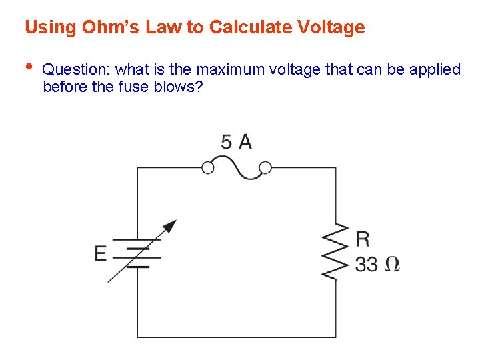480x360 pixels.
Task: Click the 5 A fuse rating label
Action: pos(236,142)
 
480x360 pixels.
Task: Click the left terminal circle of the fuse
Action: pos(208,167)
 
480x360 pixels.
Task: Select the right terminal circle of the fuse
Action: pos(265,167)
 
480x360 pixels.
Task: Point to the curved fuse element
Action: pos(236,168)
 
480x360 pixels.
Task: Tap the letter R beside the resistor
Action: pos(363,238)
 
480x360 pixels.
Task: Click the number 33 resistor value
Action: pos(367,264)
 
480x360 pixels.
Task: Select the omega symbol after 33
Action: pos(392,264)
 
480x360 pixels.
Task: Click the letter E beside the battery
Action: pos(100,253)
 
